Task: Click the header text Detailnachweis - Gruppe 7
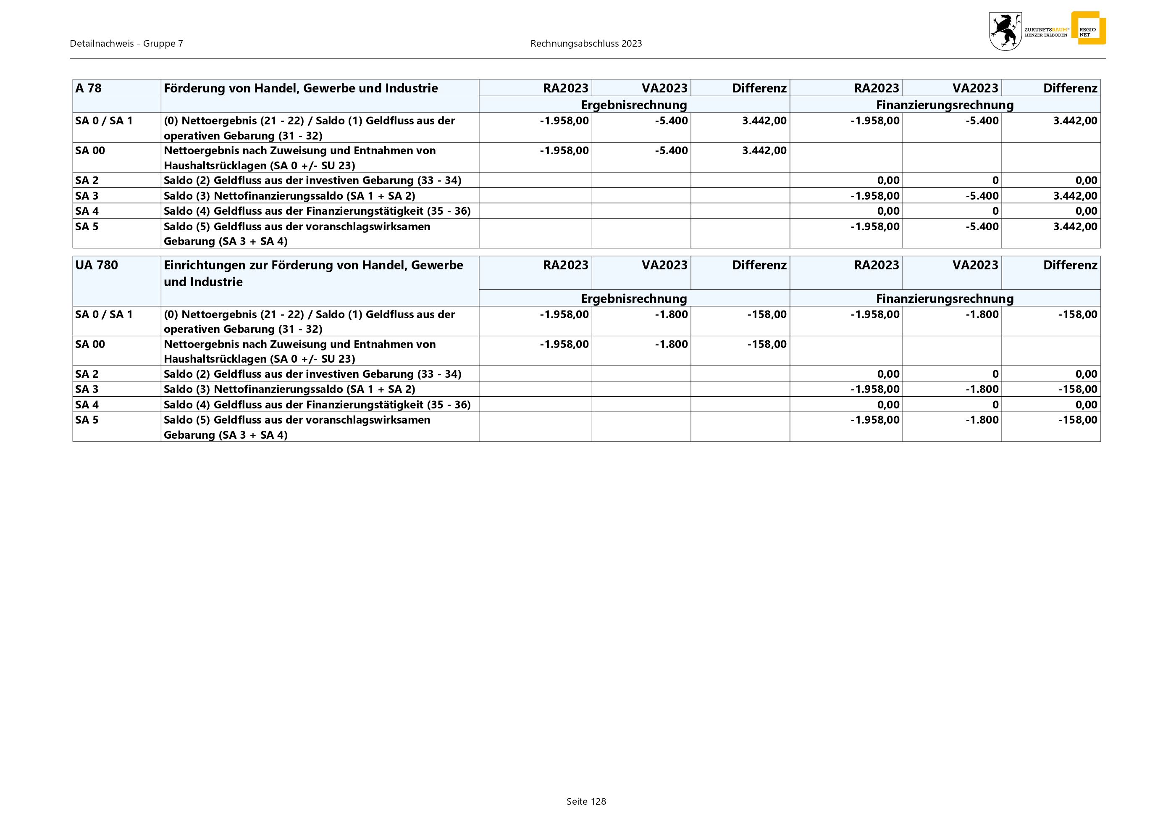coord(126,44)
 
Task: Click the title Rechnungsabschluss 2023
coord(586,44)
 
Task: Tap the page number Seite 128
coord(586,801)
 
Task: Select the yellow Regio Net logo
coord(1088,29)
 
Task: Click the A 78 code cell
coord(89,88)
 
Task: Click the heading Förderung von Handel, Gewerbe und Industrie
coord(301,88)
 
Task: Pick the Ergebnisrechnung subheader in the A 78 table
coord(634,105)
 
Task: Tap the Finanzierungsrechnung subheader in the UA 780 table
coord(945,298)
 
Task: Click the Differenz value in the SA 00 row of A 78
coord(764,150)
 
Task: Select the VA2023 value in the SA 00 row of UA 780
coord(671,344)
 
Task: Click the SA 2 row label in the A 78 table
coord(87,180)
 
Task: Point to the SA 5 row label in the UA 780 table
coord(87,420)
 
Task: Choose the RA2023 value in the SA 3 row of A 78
coord(875,196)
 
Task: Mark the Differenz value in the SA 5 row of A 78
coord(1075,226)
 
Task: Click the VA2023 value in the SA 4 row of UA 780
coord(995,405)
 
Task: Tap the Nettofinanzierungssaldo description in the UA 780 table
coord(289,390)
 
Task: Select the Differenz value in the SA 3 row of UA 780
coord(1078,390)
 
